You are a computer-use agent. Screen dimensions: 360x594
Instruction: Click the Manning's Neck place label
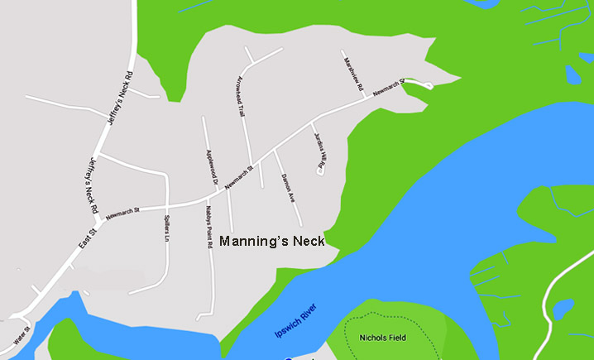pos(271,242)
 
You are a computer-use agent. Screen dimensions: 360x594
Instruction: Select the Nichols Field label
pos(383,338)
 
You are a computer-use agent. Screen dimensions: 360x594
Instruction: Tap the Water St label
pos(22,334)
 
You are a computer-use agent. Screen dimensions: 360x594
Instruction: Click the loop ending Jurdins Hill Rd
pos(320,171)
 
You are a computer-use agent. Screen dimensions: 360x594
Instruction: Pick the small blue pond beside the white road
pos(563,309)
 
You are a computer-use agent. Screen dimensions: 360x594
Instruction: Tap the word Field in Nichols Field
pos(395,338)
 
